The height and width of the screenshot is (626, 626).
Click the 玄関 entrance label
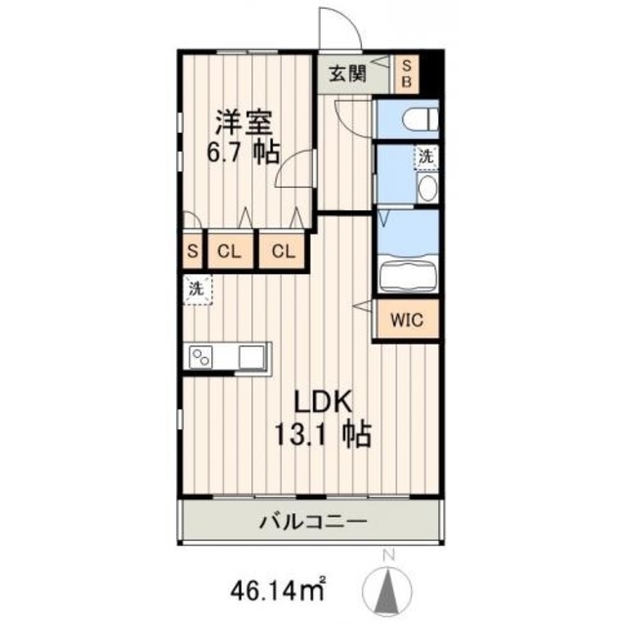[x=347, y=73]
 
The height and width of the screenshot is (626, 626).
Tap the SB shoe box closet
[x=408, y=72]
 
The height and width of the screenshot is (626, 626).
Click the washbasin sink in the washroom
[x=427, y=189]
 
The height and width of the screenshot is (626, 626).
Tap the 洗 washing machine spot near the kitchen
[x=196, y=289]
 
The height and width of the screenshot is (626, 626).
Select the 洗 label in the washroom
[x=425, y=156]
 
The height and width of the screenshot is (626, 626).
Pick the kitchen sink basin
[x=252, y=356]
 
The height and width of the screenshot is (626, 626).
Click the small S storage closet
[x=192, y=251]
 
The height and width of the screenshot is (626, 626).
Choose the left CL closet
[x=229, y=251]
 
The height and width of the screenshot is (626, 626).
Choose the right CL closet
[x=283, y=251]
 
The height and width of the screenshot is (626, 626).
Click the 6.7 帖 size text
[x=244, y=153]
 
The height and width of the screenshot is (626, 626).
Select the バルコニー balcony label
[x=313, y=521]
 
